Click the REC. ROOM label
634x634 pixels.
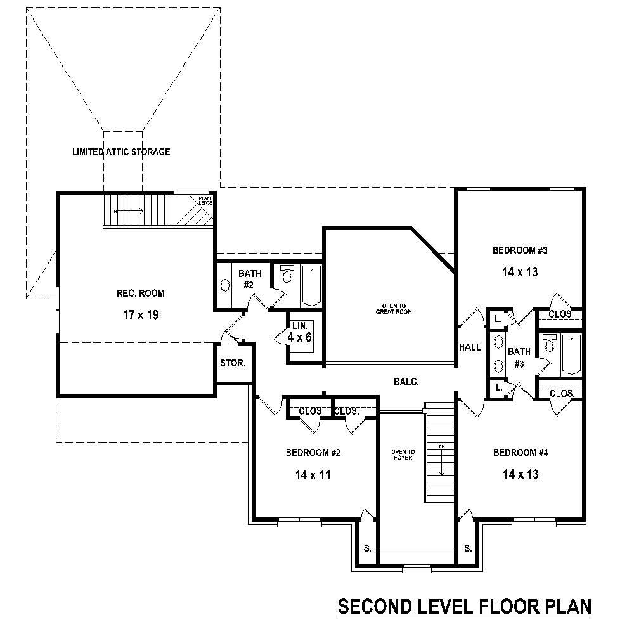[x=140, y=293]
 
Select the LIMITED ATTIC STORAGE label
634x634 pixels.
[x=121, y=152]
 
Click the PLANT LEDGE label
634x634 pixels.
[x=205, y=201]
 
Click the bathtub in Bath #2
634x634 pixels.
[x=312, y=285]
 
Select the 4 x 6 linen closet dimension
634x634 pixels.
[x=299, y=337]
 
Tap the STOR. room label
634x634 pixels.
[x=232, y=364]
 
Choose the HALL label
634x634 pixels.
[x=470, y=347]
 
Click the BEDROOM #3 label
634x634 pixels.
[x=520, y=250]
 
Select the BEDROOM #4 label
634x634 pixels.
[x=521, y=453]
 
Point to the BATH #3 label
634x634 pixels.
[x=519, y=357]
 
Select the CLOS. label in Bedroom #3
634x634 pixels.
[x=561, y=314]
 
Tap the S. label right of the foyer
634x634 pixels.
[x=468, y=548]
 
